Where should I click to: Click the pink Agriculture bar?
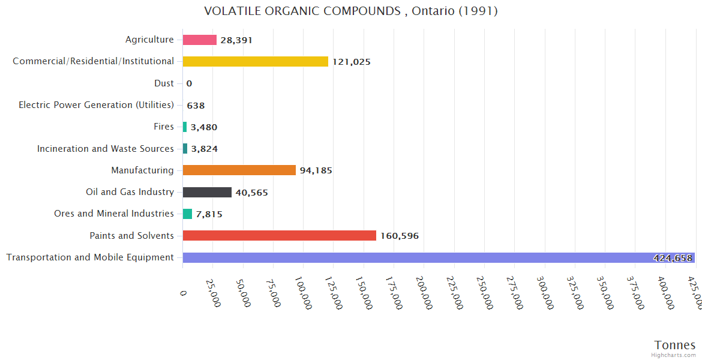pos(200,40)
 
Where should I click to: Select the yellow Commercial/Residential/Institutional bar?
pos(256,61)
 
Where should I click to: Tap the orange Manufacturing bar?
pos(239,170)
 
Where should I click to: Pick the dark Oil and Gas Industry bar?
pos(207,192)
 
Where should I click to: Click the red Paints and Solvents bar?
pos(280,236)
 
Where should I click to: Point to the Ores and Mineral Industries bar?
pos(187,214)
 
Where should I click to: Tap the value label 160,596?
pos(400,236)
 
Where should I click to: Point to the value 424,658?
pos(672,258)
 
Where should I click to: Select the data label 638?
pos(196,106)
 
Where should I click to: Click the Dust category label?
pos(164,83)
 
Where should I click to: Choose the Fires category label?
pos(164,127)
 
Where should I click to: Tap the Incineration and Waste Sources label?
pos(106,149)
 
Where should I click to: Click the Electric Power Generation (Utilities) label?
pos(96,105)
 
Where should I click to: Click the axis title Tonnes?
pos(674,344)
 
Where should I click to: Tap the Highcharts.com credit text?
pos(674,355)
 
